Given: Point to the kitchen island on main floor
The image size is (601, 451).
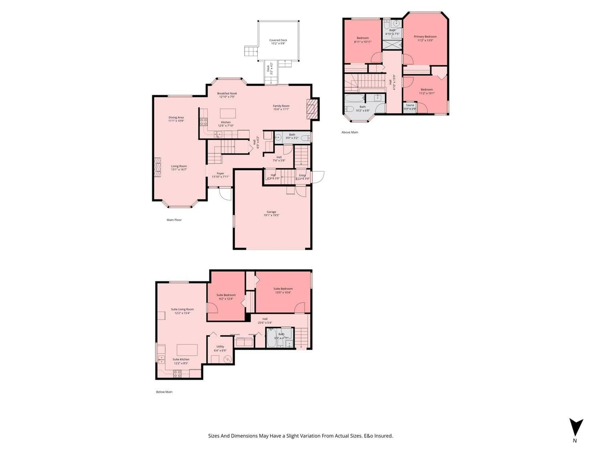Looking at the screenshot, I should click(x=228, y=113).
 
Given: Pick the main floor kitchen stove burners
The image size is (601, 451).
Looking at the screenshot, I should click(x=203, y=122).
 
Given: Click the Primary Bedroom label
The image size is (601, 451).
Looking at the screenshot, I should click(x=425, y=37).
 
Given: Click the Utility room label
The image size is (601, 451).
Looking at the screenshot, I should click(x=220, y=347).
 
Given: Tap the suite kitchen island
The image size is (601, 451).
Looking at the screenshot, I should click(x=187, y=350).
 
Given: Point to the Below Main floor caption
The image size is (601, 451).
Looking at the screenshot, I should click(x=164, y=392).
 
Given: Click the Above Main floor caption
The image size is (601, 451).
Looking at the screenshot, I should click(x=350, y=132).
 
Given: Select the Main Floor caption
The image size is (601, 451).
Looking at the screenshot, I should click(x=174, y=220).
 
